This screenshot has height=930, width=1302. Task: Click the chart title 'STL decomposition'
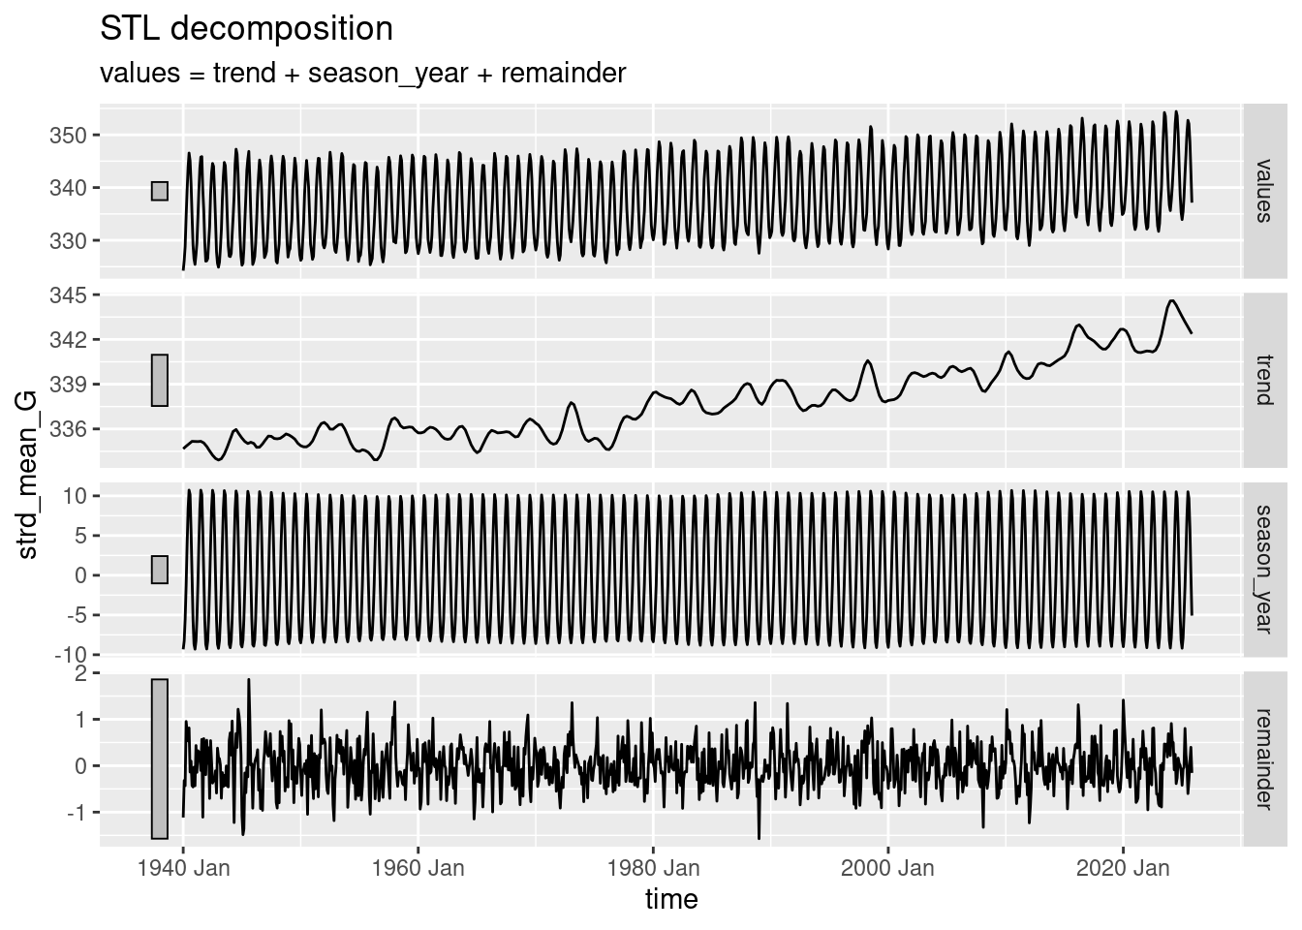click(246, 29)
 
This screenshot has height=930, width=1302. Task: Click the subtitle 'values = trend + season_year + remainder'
click(362, 73)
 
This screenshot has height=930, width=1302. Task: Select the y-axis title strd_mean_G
click(29, 475)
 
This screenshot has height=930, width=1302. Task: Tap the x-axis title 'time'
click(671, 899)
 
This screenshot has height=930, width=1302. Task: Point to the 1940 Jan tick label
click(183, 867)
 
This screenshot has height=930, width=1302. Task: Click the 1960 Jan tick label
click(418, 867)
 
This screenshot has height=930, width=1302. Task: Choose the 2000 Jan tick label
click(887, 867)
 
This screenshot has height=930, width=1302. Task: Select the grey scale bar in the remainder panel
click(160, 759)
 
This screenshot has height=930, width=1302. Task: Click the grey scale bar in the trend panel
click(160, 380)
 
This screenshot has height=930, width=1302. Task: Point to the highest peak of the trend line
click(1172, 300)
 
